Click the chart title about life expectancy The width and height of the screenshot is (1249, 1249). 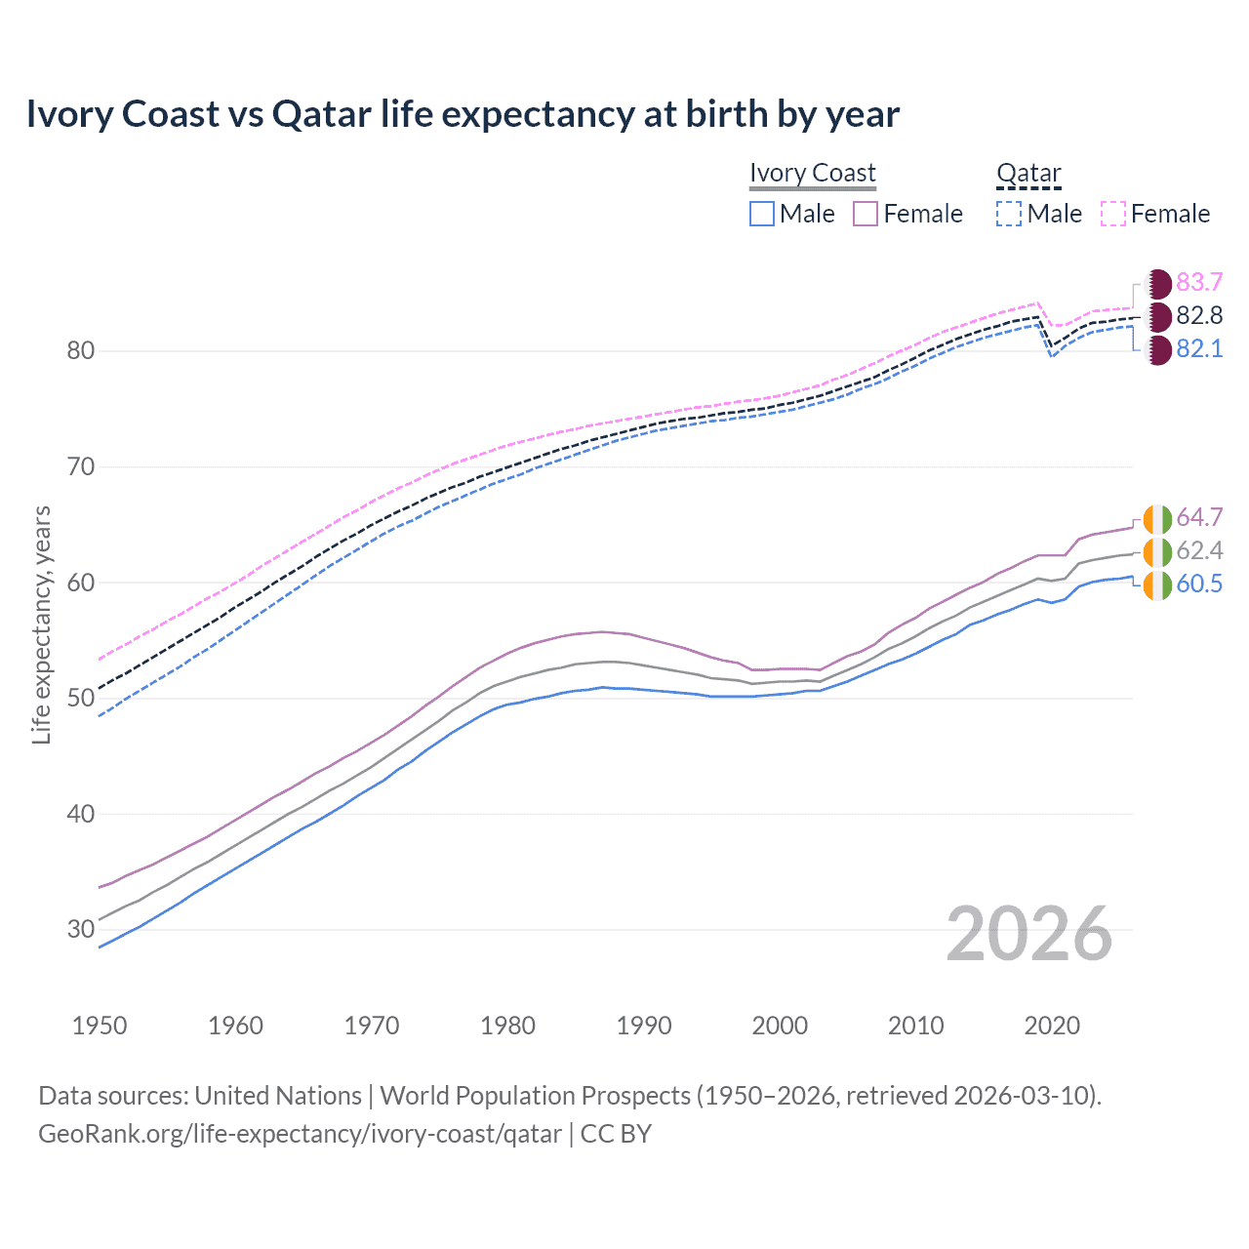pyautogui.click(x=463, y=114)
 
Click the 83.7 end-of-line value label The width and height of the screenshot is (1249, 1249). pyautogui.click(x=1198, y=283)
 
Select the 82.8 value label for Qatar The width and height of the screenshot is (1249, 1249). pyautogui.click(x=1198, y=316)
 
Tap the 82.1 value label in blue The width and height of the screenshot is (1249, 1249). pyautogui.click(x=1198, y=349)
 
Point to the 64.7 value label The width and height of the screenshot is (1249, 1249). pyautogui.click(x=1198, y=518)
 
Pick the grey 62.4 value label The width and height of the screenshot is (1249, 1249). pyautogui.click(x=1198, y=551)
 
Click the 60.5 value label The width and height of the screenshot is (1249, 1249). pyautogui.click(x=1198, y=584)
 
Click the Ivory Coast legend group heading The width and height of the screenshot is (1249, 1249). pyautogui.click(x=813, y=173)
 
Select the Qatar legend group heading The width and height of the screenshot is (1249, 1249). pyautogui.click(x=1028, y=173)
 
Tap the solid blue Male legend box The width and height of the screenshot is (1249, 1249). pyautogui.click(x=762, y=214)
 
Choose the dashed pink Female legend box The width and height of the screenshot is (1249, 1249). pyautogui.click(x=1113, y=214)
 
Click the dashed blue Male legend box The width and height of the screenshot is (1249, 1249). pyautogui.click(x=1009, y=214)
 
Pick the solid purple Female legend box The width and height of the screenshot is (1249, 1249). pyautogui.click(x=866, y=214)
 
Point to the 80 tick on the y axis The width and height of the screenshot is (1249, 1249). pyautogui.click(x=81, y=351)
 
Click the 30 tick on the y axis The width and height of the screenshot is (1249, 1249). pyautogui.click(x=81, y=929)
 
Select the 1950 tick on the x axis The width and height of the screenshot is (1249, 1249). pyautogui.click(x=100, y=1026)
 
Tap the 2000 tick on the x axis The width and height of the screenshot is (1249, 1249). pyautogui.click(x=780, y=1026)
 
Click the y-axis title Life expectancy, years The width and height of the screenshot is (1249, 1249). pyautogui.click(x=42, y=624)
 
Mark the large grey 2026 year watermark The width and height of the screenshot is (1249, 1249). pyautogui.click(x=1028, y=935)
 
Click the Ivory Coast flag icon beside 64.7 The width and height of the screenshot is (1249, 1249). pyautogui.click(x=1157, y=518)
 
